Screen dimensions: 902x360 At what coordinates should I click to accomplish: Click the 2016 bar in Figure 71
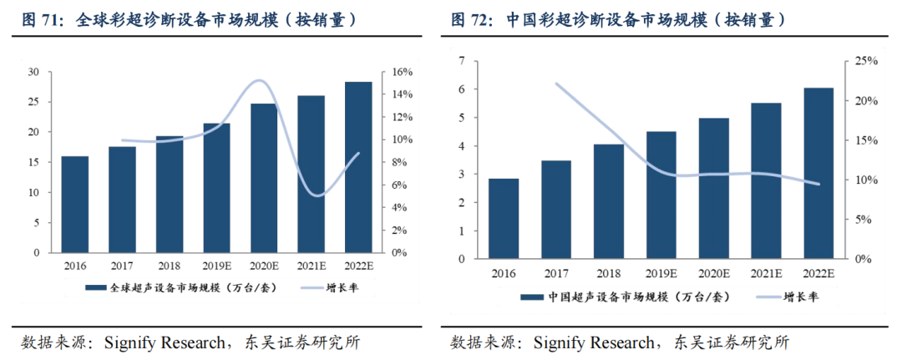pyautogui.click(x=75, y=204)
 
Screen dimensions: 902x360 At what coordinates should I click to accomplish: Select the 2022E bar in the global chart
pyautogui.click(x=357, y=167)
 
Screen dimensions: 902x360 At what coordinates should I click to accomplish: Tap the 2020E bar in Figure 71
pyautogui.click(x=263, y=178)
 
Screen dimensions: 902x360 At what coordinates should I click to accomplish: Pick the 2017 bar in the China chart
pyautogui.click(x=557, y=210)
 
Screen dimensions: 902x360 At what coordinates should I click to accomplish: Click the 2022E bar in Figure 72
pyautogui.click(x=818, y=173)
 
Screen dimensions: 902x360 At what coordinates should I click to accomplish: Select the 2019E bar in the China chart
pyautogui.click(x=661, y=195)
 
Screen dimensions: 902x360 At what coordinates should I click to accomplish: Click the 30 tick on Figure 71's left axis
pyautogui.click(x=35, y=72)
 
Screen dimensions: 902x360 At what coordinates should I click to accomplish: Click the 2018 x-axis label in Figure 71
pyautogui.click(x=169, y=266)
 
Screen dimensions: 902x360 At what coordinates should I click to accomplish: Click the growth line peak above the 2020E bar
pyautogui.click(x=259, y=80)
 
